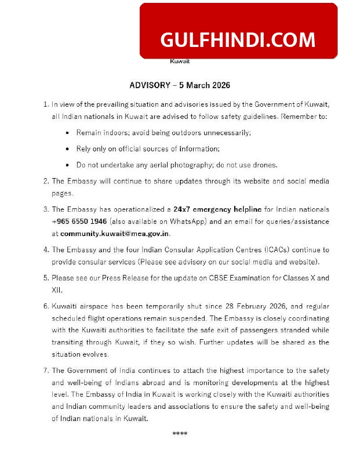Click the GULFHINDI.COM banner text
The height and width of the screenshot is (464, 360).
(x=238, y=39)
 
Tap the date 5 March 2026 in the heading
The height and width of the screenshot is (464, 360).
(x=205, y=85)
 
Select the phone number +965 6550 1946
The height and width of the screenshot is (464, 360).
(x=79, y=222)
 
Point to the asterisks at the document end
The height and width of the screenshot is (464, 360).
(x=180, y=434)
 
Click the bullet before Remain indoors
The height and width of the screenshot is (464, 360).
(x=69, y=133)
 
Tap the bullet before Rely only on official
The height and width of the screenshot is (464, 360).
(x=69, y=149)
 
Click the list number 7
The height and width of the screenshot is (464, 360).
(x=45, y=371)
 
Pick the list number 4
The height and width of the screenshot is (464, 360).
(x=45, y=250)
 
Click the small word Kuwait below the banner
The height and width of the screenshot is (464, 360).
(x=180, y=61)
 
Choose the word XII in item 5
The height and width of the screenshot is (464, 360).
(x=57, y=289)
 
